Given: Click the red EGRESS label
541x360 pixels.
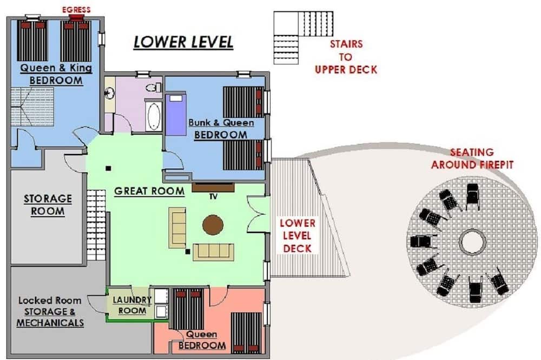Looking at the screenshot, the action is [x=76, y=10].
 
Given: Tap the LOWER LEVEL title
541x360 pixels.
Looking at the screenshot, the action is [x=183, y=42].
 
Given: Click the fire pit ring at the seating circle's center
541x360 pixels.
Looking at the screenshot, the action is [x=473, y=242].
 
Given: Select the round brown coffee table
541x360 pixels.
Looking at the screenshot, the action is [x=213, y=225].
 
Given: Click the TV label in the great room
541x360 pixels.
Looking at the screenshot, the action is [x=213, y=197].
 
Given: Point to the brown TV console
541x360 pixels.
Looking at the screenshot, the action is [x=213, y=187].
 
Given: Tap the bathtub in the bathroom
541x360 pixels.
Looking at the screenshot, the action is [x=154, y=116].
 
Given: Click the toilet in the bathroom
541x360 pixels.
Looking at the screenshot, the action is [x=154, y=87].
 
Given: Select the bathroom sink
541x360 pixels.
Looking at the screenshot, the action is [x=110, y=93].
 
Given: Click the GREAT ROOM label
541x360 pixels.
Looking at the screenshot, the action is [x=149, y=191].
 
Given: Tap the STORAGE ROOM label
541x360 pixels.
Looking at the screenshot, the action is [x=48, y=205].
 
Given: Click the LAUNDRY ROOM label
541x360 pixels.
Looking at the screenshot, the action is [x=132, y=305].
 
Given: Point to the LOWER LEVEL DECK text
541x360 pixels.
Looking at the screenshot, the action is [x=298, y=236].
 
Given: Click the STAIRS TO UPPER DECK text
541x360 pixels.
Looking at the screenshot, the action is [x=346, y=57].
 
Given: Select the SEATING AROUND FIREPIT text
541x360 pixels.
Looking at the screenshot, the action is [x=472, y=158].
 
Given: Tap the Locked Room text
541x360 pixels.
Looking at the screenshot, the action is [x=50, y=301].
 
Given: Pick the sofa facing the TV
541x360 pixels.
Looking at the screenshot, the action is [x=213, y=252].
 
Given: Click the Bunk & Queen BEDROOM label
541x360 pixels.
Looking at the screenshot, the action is [x=221, y=129].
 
